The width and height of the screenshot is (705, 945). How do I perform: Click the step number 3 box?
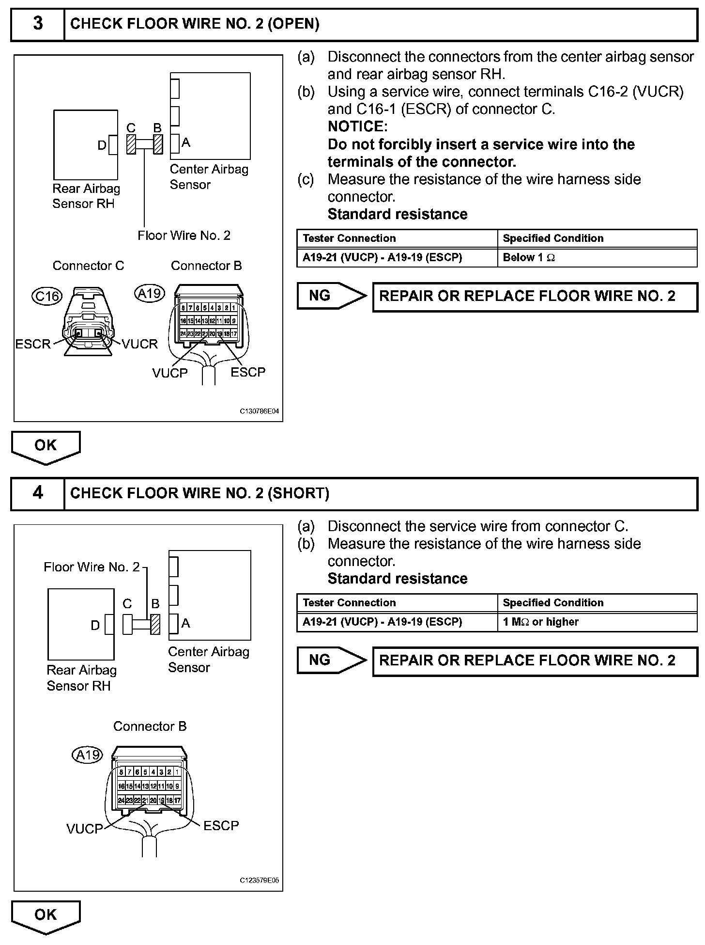pos(38,24)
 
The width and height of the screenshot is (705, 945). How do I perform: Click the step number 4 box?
pos(38,493)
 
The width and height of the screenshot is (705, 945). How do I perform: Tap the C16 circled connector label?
pos(47,296)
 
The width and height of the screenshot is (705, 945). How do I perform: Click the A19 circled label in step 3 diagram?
pos(150,293)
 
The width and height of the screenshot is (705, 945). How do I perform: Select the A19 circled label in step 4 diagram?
pos(88,755)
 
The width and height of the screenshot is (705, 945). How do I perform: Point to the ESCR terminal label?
pos(33,344)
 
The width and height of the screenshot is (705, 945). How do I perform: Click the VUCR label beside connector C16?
pos(139,344)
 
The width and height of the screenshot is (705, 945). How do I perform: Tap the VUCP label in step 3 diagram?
pos(170,373)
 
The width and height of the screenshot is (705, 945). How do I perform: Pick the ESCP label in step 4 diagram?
pos(221,825)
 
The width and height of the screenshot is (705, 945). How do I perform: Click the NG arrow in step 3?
pos(332,296)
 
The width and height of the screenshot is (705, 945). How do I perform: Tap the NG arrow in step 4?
pos(332,660)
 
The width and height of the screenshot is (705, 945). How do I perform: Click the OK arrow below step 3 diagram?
pos(46,446)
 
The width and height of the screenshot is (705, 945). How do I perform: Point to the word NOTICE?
pos(358,127)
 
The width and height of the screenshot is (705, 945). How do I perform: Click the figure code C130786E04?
pos(260,411)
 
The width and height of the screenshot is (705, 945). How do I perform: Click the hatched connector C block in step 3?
pos(131,144)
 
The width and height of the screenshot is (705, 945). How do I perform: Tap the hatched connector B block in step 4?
pos(155,624)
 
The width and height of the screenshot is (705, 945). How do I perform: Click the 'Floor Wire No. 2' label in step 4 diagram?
pos(92,567)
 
